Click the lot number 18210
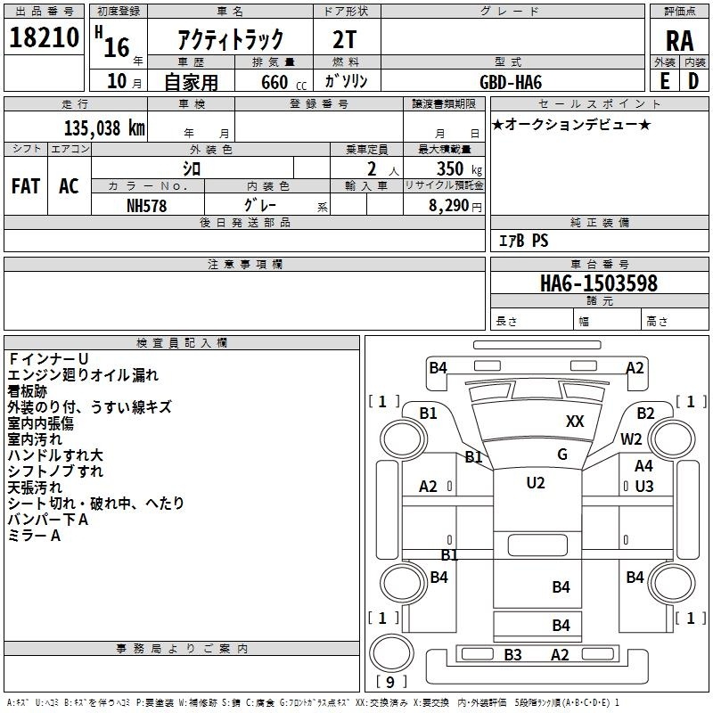[x=44, y=38]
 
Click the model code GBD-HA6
[x=511, y=81]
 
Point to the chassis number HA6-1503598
[x=599, y=283]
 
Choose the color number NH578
[x=147, y=205]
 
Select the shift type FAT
[x=25, y=185]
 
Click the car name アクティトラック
[x=231, y=39]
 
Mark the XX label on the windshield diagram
[x=575, y=422]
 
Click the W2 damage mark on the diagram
[x=631, y=438]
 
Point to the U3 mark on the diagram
[x=644, y=486]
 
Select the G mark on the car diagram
[x=561, y=455]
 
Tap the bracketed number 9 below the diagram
[x=389, y=682]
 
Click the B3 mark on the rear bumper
[x=512, y=655]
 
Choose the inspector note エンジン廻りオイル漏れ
[x=83, y=375]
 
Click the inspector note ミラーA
[x=34, y=536]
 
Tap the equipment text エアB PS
[x=523, y=241]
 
